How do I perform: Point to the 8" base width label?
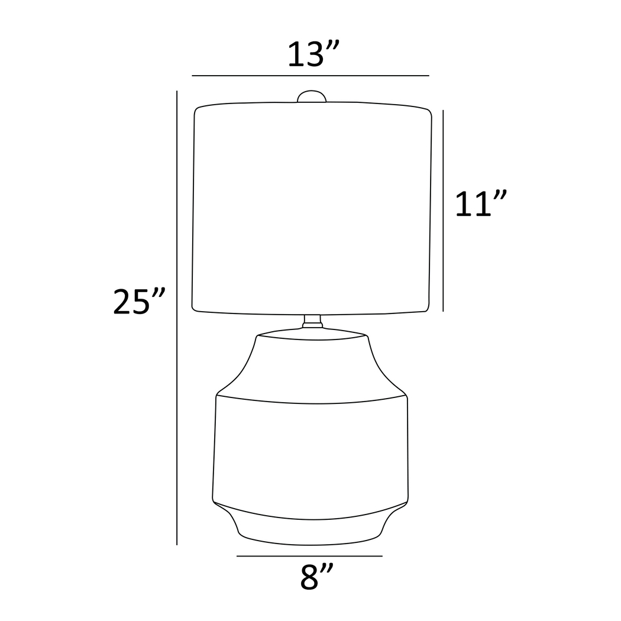pyautogui.click(x=316, y=577)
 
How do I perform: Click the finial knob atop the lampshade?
pyautogui.click(x=312, y=96)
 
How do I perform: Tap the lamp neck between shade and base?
pyautogui.click(x=312, y=321)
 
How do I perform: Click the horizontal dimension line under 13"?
pyautogui.click(x=310, y=76)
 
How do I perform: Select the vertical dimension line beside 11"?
pyautogui.click(x=444, y=210)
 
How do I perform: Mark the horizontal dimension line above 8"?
pyautogui.click(x=309, y=556)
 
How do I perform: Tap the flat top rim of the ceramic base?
pyautogui.click(x=312, y=335)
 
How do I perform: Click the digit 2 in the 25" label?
pyautogui.click(x=124, y=302)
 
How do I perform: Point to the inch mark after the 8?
pyautogui.click(x=327, y=569)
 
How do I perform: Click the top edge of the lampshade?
pyautogui.click(x=312, y=105)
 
